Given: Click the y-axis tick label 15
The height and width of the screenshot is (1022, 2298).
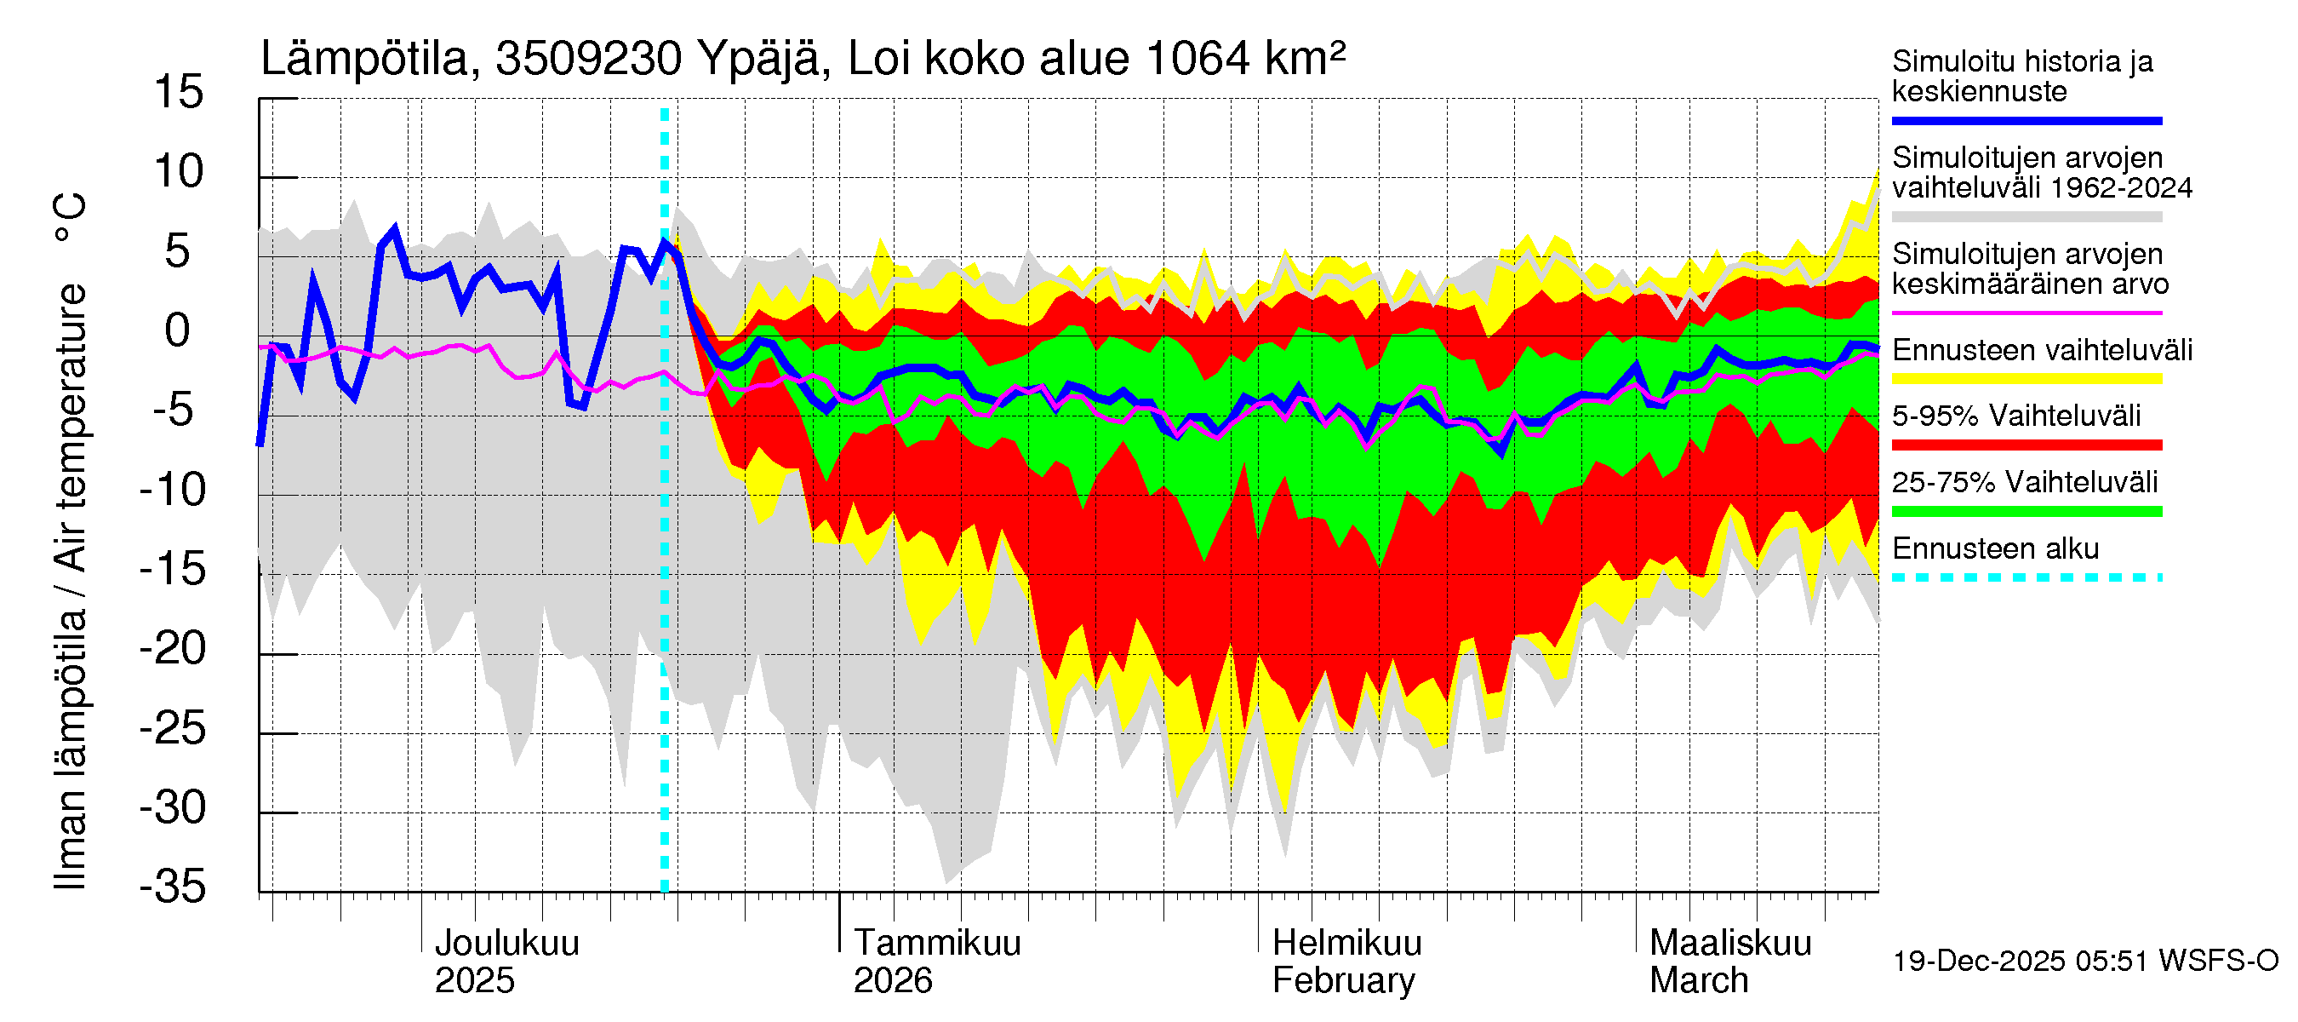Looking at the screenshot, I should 179,93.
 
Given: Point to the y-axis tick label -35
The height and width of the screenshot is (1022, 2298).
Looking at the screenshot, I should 173,887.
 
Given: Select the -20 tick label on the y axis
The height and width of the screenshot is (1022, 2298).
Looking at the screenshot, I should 173,649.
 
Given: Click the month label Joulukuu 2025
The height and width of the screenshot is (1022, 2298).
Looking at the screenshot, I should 506,962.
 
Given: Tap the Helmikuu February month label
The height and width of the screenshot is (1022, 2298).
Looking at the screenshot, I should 1346,962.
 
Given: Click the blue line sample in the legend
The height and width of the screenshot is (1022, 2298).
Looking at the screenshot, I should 2026,120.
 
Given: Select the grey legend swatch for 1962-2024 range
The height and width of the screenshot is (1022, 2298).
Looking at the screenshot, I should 2026,217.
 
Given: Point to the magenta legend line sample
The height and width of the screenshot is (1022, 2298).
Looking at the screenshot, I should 2026,313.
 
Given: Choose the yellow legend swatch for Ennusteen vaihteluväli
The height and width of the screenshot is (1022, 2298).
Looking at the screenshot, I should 2026,378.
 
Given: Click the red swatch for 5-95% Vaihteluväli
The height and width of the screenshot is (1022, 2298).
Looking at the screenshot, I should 2026,445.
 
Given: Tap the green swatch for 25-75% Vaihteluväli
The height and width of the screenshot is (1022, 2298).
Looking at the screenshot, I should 2026,512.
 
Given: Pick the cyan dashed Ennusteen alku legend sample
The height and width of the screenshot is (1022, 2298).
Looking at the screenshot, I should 2026,577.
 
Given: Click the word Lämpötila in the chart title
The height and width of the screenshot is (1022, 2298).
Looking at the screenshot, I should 365,60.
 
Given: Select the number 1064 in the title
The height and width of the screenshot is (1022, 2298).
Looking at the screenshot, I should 1198,60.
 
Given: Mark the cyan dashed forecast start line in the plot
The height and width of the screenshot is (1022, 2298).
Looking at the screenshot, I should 665,536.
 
